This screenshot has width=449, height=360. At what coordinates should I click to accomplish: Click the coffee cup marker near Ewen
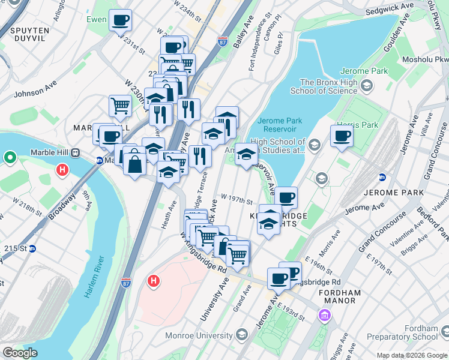coord(120,20)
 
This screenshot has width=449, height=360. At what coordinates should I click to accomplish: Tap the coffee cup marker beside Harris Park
coord(342,135)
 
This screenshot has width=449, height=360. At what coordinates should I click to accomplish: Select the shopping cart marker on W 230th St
coord(120,106)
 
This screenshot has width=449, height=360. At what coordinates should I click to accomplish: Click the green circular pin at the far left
coord(10,158)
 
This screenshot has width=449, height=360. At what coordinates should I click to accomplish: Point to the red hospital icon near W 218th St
coord(62,171)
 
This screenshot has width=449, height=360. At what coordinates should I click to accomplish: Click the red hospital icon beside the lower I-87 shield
coord(153,280)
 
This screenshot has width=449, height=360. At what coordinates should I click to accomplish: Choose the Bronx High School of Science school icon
coord(365,86)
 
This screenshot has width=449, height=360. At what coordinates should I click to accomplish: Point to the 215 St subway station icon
coord(34,248)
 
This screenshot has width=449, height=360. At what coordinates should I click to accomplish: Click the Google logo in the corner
coord(20,352)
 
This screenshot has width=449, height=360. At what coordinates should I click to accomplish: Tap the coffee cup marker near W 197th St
coord(286,197)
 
